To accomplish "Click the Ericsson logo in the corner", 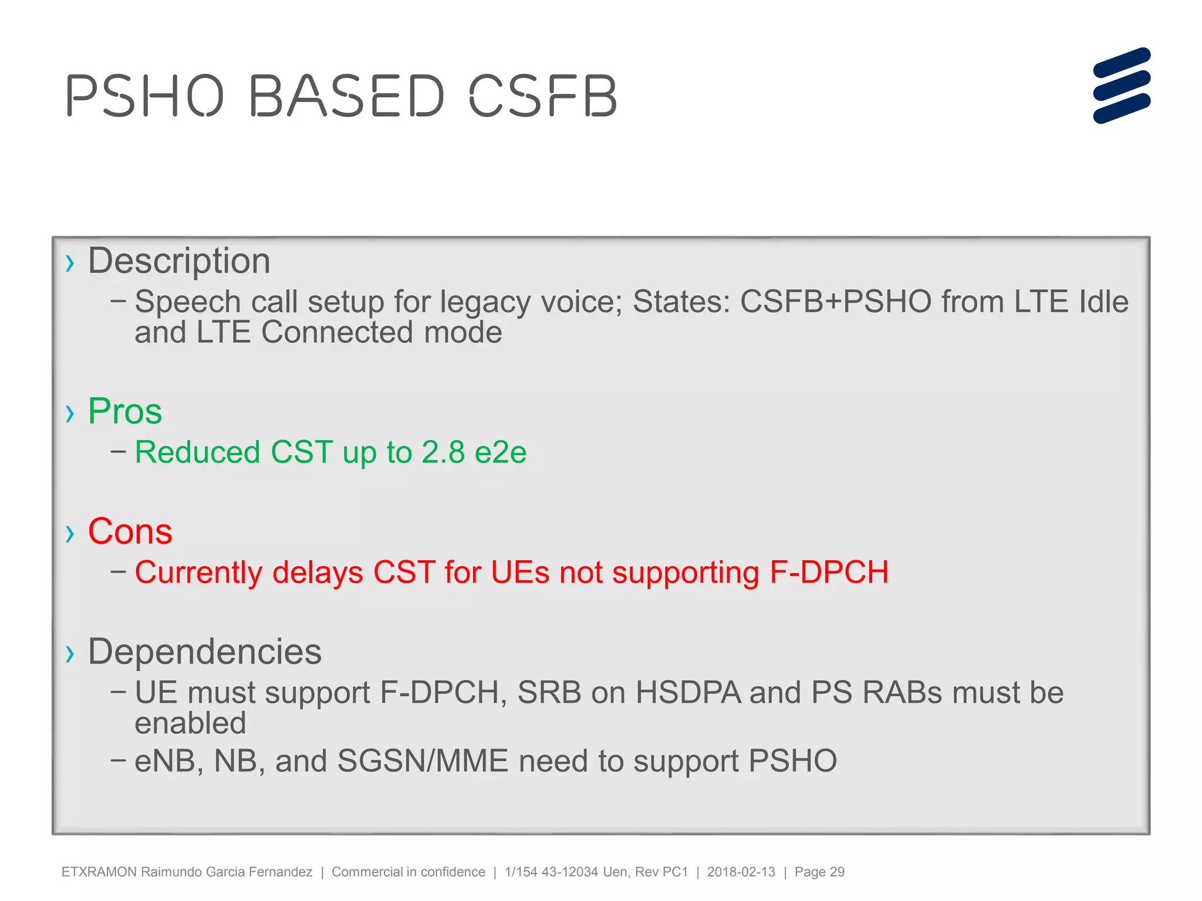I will (x=1122, y=86).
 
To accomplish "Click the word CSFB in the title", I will (x=543, y=96).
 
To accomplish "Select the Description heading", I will (x=179, y=260).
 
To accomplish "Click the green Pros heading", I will (x=125, y=411).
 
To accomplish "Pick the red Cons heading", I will (x=130, y=531).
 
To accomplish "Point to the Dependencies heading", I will (x=205, y=651).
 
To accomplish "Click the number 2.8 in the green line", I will (x=443, y=452).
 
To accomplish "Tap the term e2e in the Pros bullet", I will (x=501, y=452).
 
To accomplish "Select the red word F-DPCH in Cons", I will (x=829, y=572).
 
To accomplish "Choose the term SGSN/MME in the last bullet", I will (x=423, y=761).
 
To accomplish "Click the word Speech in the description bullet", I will (x=187, y=302).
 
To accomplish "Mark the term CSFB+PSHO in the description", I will (x=835, y=302).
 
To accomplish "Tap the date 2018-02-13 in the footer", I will (x=741, y=872).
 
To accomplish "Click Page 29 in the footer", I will (x=819, y=872).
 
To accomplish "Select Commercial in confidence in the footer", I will (x=408, y=872).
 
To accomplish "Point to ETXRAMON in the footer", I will (x=99, y=872).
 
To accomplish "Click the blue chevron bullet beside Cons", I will (x=70, y=533).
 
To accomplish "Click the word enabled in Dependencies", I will (x=190, y=723).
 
